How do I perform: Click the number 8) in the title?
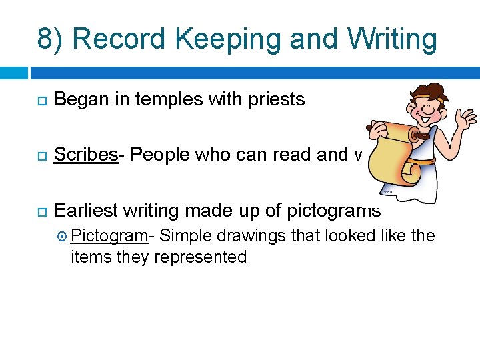51,39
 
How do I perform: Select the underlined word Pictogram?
109,236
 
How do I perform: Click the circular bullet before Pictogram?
62,237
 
